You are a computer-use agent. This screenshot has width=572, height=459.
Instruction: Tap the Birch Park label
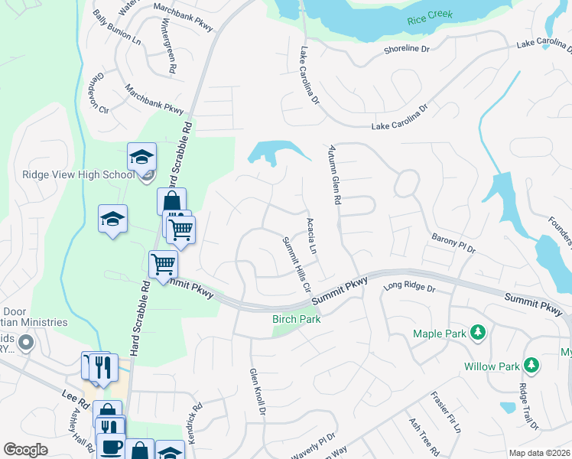point(296,318)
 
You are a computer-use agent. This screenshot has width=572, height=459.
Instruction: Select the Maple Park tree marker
point(478,332)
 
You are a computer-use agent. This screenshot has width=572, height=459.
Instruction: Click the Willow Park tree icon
point(528,366)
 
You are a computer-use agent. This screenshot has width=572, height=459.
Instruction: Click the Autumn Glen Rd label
point(334,174)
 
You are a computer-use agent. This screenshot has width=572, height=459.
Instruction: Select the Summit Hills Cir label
point(297,263)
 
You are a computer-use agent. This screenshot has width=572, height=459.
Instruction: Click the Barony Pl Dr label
point(453,243)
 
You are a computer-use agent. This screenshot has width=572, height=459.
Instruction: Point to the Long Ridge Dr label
point(408,288)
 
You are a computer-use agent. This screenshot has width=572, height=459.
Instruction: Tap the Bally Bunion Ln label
point(116,26)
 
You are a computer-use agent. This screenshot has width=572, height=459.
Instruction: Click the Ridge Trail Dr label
point(528,406)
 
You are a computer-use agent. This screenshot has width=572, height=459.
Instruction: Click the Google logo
point(26,450)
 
